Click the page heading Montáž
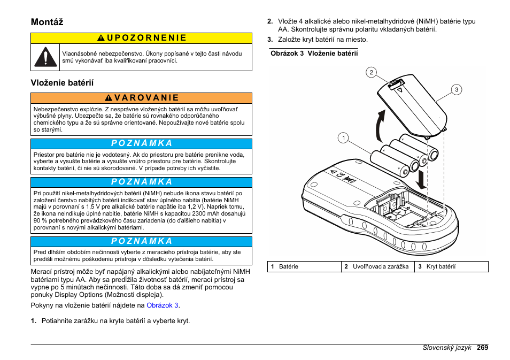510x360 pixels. tap(47, 22)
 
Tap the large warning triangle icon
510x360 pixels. tap(46, 57)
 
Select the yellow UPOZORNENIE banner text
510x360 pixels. tap(142, 38)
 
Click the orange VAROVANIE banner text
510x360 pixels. tap(142, 98)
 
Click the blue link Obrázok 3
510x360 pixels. tap(163, 305)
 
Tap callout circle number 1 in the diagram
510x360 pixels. tap(343, 138)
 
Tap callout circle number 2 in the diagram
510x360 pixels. tap(370, 72)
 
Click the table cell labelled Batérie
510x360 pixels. tap(289, 266)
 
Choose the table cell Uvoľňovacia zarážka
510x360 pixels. tap(381, 266)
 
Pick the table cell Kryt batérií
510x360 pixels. tap(441, 266)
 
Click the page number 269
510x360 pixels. tap(483, 348)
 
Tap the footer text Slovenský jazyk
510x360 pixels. tap(446, 348)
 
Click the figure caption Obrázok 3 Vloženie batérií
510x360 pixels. tap(314, 53)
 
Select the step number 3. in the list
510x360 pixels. tap(271, 40)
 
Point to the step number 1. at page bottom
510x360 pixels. tap(34, 321)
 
